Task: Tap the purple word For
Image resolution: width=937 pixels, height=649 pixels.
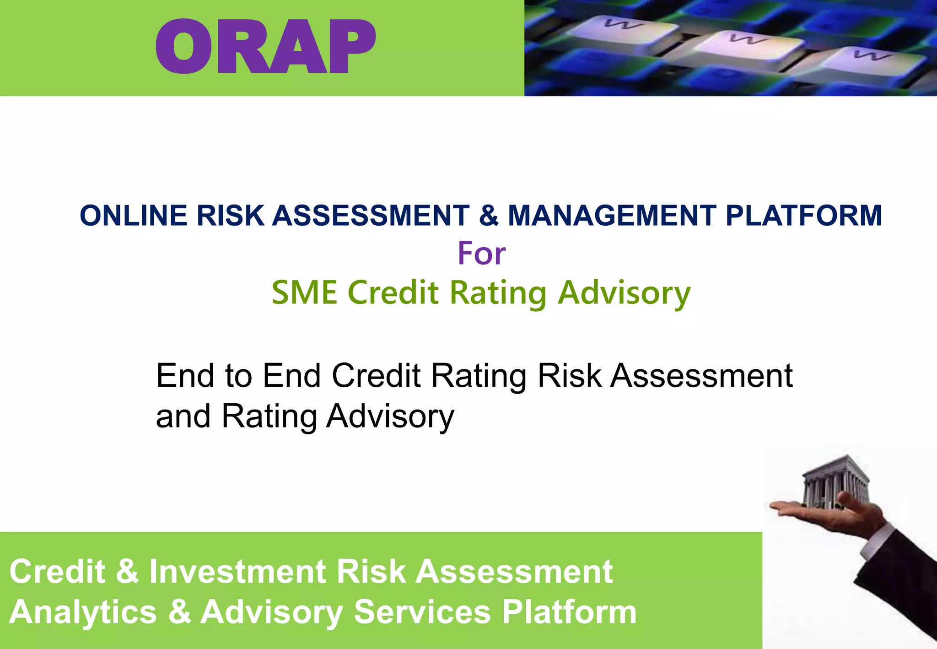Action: (481, 254)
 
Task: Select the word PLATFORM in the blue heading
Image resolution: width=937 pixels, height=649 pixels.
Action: (803, 216)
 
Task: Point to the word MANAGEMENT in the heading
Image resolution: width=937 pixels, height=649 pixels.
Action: (612, 216)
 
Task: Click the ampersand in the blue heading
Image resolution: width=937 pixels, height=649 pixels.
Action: (488, 216)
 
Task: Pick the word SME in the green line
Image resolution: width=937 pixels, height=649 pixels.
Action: (304, 292)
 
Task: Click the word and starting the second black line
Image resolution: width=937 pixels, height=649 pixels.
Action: (183, 417)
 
